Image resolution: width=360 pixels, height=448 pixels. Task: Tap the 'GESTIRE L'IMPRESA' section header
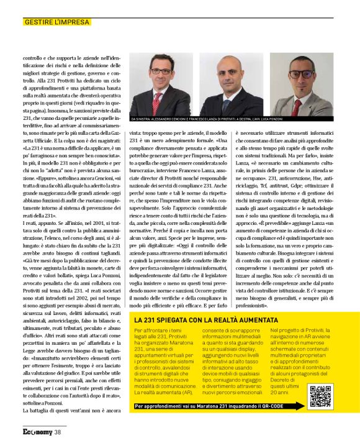click(56, 22)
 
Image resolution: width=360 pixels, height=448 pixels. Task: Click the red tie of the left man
click(156, 99)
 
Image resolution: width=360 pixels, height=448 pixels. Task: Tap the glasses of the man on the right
click(302, 73)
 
